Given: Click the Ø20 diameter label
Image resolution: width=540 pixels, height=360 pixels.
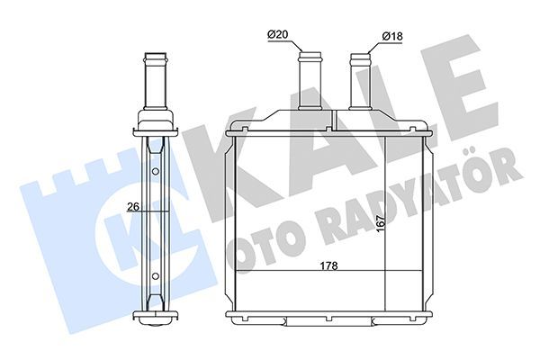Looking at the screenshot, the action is (x=277, y=34).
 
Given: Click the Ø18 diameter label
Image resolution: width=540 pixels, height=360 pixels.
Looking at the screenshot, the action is (x=392, y=36).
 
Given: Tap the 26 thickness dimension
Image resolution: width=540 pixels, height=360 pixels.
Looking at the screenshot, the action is (x=133, y=207).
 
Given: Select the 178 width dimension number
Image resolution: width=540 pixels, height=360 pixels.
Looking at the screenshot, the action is (x=328, y=265).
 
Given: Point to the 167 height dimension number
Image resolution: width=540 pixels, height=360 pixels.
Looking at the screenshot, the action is (x=380, y=223).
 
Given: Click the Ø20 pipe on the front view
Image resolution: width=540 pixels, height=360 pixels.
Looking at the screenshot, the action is (x=310, y=81).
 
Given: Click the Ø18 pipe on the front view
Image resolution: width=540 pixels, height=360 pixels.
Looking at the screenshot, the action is (x=360, y=81).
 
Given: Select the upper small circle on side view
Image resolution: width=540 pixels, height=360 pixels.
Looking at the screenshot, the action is (x=156, y=171).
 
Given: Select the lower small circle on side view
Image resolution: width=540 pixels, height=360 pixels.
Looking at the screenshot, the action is (x=156, y=276).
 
